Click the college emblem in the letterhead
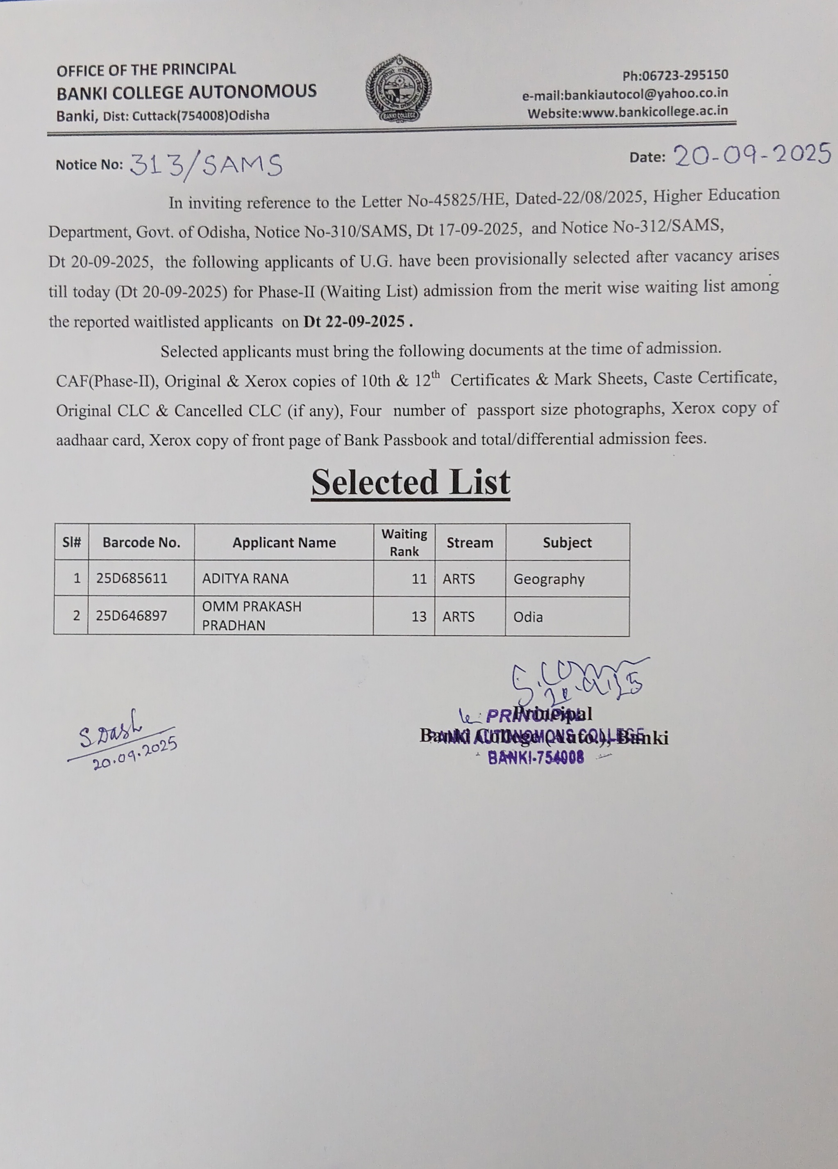[x=398, y=89]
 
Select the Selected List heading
[x=411, y=482]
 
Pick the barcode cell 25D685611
[x=132, y=578]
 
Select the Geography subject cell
[x=549, y=579]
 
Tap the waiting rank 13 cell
[x=419, y=616]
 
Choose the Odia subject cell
[x=528, y=616]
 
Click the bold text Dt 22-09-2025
[x=354, y=321]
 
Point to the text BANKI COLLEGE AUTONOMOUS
[x=186, y=92]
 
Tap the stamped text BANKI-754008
[x=535, y=757]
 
